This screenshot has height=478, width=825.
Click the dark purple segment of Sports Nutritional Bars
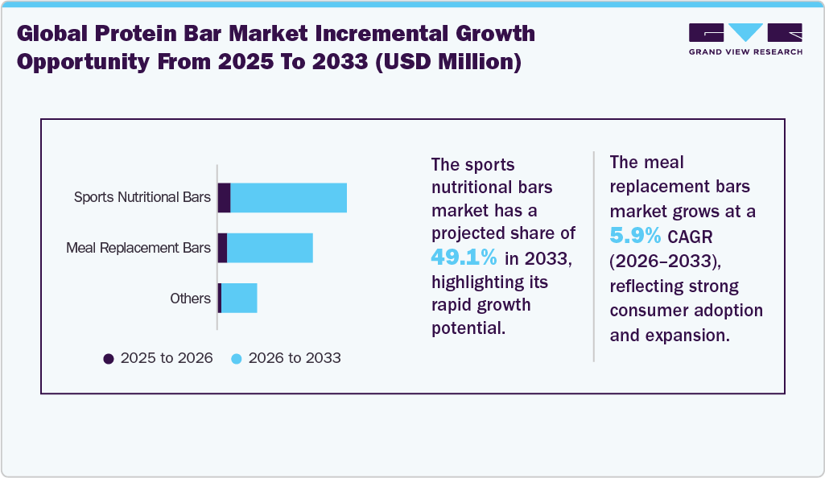[x=225, y=198]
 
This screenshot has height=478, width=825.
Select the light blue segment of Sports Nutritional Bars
[x=289, y=198]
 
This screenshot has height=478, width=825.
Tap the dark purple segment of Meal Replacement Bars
[x=223, y=248]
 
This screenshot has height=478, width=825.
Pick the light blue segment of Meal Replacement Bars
[x=270, y=248]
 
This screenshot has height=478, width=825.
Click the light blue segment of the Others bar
[x=239, y=299]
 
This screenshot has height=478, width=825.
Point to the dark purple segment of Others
[x=220, y=299]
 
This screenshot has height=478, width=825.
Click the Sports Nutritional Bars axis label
[x=142, y=198]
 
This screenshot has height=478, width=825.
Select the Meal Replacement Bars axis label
[x=138, y=248]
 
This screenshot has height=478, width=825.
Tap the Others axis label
[x=190, y=299]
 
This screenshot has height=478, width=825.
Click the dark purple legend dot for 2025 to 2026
[x=109, y=358]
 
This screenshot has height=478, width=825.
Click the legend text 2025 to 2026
[x=167, y=358]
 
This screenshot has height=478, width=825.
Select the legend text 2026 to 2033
[x=295, y=358]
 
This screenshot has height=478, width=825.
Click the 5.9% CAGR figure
[x=636, y=236]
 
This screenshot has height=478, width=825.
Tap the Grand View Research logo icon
[x=745, y=33]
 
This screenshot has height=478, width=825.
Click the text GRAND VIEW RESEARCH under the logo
[x=745, y=52]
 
